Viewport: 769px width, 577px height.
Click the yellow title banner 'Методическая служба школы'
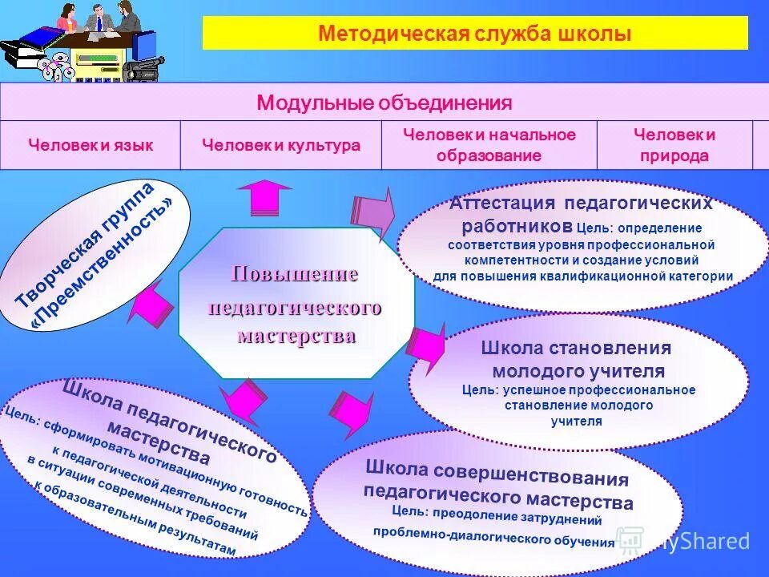pos(475,34)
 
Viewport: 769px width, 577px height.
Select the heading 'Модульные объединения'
pos(384,103)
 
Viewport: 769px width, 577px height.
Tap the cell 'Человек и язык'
pos(91,145)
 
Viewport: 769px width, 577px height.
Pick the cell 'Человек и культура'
pos(280,145)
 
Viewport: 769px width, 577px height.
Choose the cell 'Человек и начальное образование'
pos(489,145)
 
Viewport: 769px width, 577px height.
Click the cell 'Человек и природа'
pos(674,145)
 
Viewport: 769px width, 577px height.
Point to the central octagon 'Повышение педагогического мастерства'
pos(296,305)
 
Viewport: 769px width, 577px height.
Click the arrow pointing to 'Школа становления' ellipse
pos(427,346)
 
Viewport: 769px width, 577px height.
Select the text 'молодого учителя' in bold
pos(578,371)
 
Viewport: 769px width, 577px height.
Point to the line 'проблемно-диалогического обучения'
pos(493,537)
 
